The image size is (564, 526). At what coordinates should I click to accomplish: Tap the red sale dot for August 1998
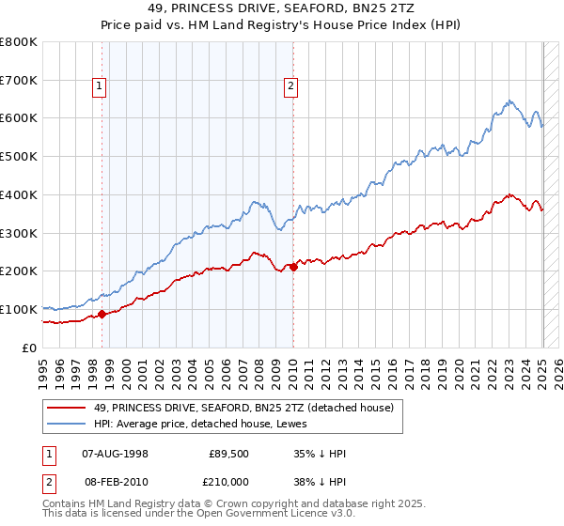point(102,314)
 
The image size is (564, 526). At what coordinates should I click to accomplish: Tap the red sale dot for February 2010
point(293,267)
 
